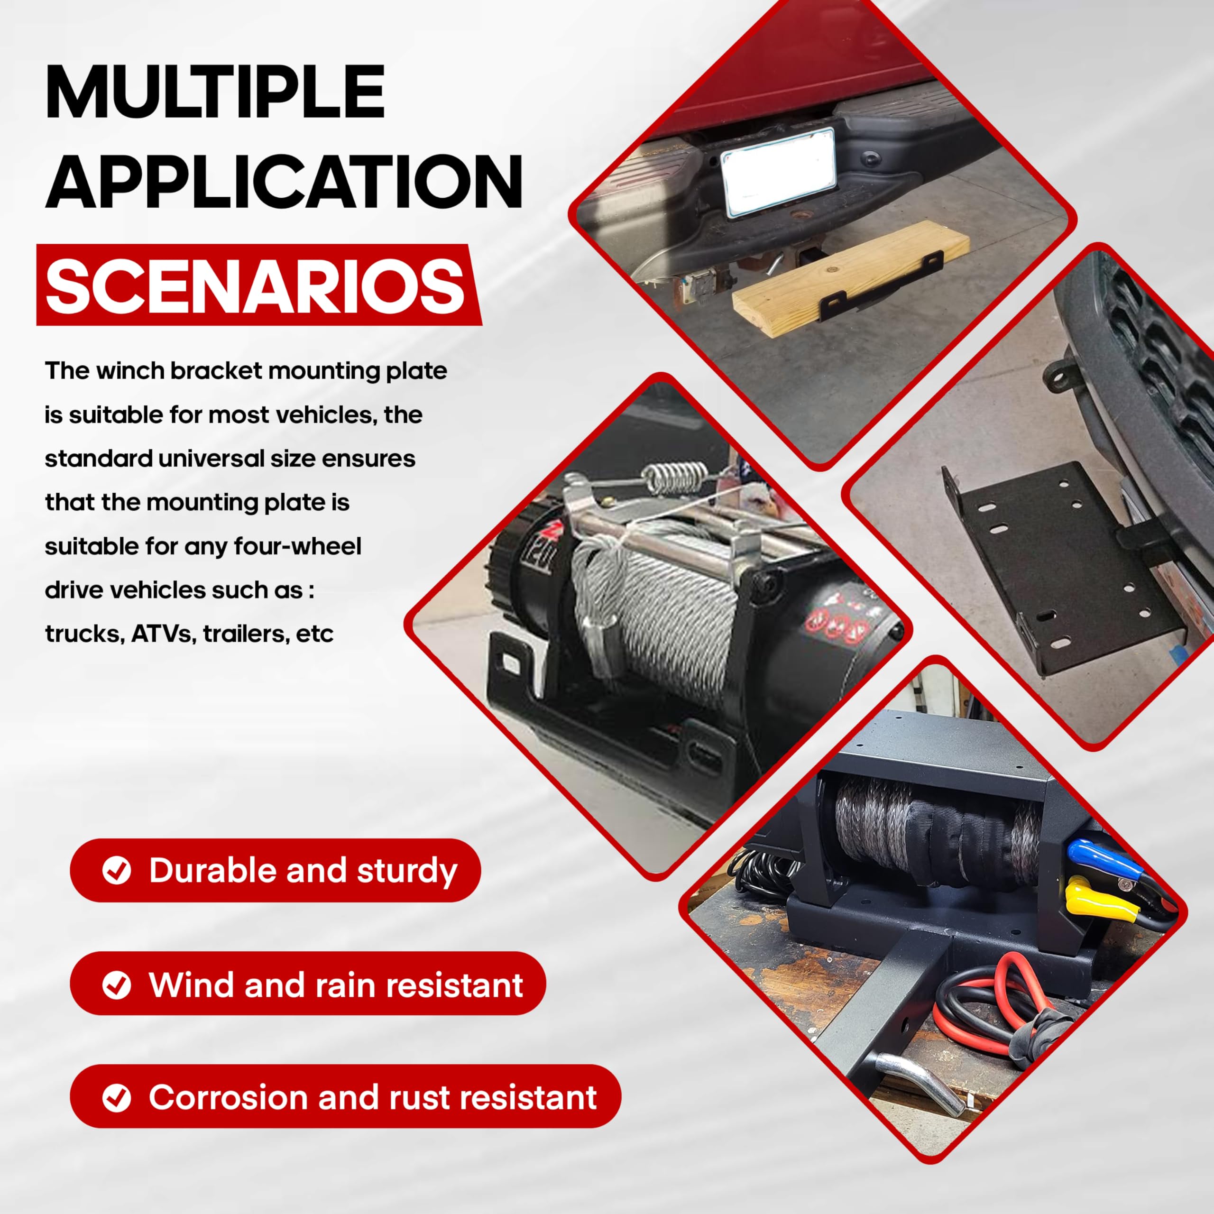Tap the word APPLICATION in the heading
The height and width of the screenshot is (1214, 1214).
284,182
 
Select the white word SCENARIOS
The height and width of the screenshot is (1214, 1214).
255,286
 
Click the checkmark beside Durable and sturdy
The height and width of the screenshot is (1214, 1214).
116,871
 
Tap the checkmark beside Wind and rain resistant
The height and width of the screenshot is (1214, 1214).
116,984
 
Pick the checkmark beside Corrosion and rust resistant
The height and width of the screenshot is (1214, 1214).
116,1098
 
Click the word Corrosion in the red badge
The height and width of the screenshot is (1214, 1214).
228,1098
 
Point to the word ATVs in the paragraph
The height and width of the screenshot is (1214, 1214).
162,634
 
